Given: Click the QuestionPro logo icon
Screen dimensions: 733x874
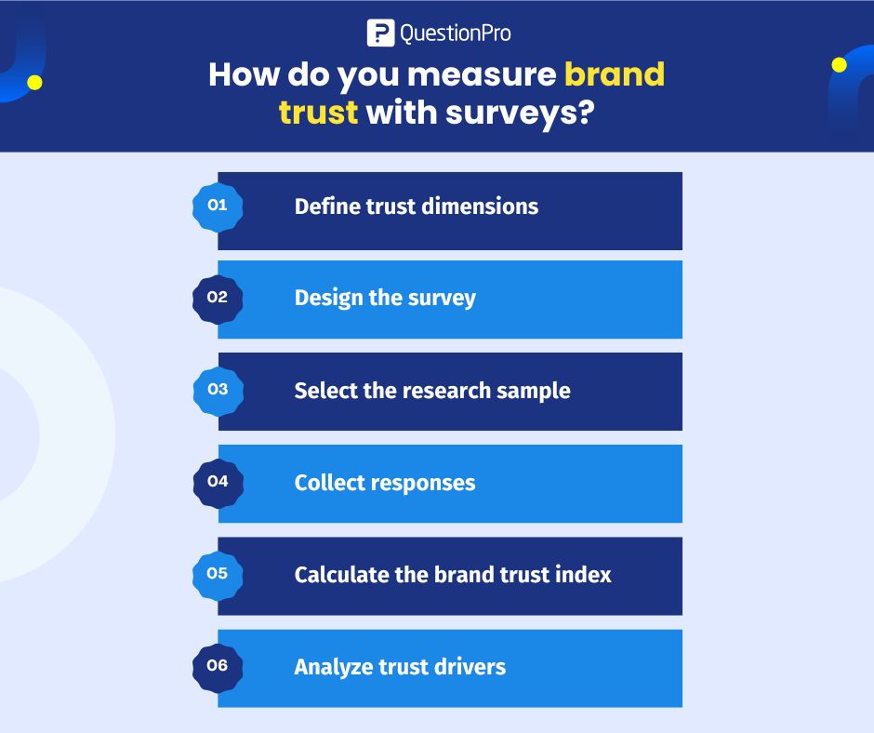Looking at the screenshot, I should pos(381,33).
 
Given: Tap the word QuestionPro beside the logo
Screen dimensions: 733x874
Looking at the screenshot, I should pos(455,34).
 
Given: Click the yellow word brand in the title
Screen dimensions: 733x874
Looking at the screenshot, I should pos(615,74).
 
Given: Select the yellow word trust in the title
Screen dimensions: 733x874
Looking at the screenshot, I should pos(318,113).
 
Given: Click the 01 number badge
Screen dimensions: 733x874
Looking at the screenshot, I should pos(218,206).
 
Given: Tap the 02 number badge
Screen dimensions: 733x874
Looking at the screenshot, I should pos(218,298).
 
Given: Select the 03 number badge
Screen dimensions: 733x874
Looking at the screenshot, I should pos(218,390).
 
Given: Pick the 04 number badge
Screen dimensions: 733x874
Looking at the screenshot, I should pos(218,482).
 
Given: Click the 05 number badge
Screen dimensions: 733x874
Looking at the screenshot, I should pos(218,574).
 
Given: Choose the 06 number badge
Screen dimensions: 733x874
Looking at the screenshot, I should pos(218,666).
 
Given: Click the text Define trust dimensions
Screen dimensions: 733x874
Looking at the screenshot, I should pos(416,206).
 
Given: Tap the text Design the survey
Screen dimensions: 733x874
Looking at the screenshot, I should pos(385,298).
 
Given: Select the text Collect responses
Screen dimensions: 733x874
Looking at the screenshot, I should pos(385,483).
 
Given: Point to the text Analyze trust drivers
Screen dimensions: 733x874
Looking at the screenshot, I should pos(400,667).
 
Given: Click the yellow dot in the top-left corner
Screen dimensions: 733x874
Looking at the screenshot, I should pos(34,83).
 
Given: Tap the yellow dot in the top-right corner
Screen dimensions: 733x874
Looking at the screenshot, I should pos(840,65).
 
